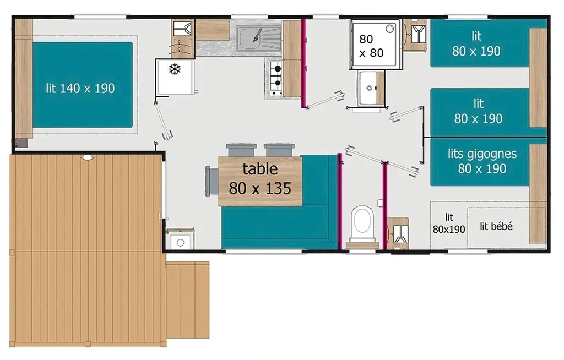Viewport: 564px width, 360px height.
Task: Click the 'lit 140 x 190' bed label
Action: click(80, 88)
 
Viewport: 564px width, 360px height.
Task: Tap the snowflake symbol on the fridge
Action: click(175, 69)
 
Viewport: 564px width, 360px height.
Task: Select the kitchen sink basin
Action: click(251, 39)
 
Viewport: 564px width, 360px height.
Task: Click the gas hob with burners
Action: click(276, 78)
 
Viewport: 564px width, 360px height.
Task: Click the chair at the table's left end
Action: click(211, 181)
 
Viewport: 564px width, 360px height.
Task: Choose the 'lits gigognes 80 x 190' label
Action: click(482, 161)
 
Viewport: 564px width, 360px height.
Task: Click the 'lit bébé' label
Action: click(496, 226)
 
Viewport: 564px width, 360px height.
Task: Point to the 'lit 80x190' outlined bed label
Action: click(449, 223)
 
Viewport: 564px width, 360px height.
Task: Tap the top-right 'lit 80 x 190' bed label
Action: click(476, 43)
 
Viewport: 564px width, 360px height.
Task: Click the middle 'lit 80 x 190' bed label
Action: click(478, 111)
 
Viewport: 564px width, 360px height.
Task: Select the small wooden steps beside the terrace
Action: click(187, 299)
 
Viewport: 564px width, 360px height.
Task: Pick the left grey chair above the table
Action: click(241, 150)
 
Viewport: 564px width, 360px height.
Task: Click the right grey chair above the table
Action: click(279, 150)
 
